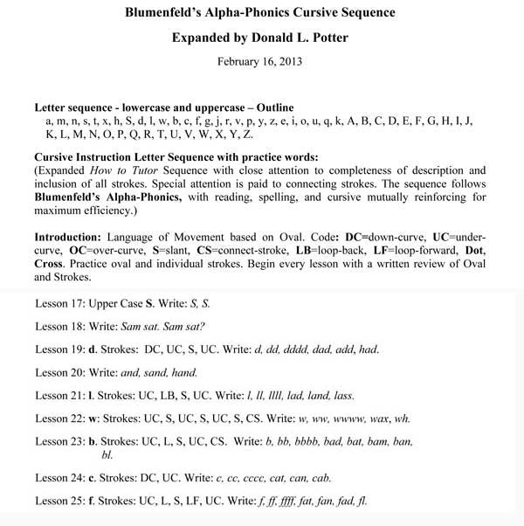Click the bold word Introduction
(x=65, y=238)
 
